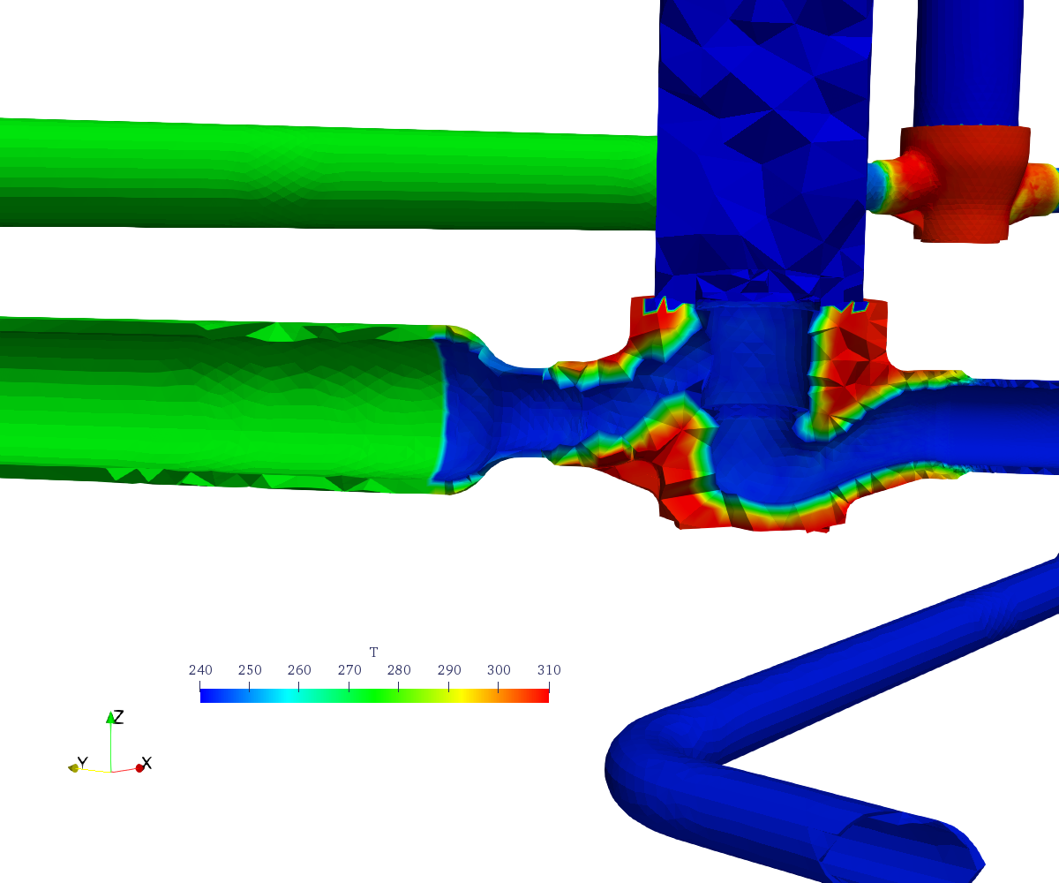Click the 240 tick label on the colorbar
pos(200,670)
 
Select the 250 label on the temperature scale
pos(250,670)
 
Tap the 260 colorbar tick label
pos(299,670)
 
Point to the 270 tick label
pos(349,670)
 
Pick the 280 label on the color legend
pos(399,670)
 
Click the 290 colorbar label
pos(449,670)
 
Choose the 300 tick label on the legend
pos(499,670)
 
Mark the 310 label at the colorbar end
pos(549,670)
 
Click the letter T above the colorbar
pos(374,653)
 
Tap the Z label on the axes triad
pos(118,717)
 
